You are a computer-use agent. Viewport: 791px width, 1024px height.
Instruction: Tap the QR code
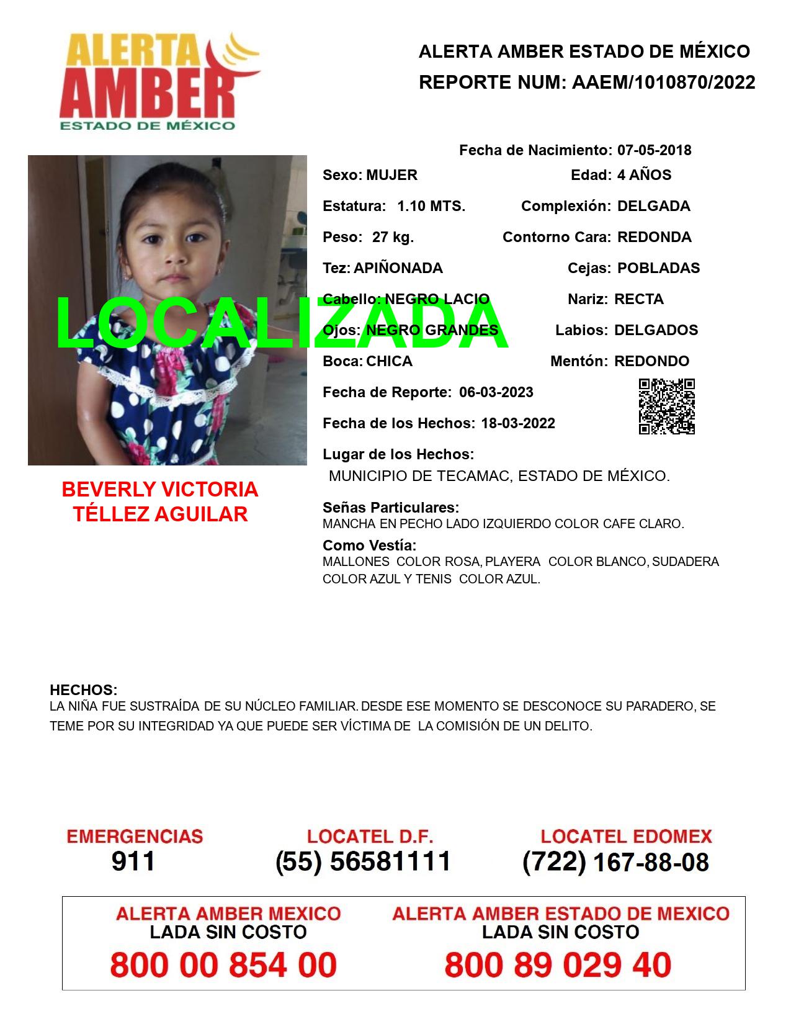click(667, 406)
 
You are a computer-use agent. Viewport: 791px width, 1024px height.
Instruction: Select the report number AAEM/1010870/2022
click(663, 83)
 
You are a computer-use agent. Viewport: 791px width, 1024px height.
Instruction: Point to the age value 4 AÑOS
click(644, 175)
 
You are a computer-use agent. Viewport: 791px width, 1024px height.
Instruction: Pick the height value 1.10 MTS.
click(431, 206)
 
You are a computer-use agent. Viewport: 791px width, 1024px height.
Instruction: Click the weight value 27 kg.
click(393, 237)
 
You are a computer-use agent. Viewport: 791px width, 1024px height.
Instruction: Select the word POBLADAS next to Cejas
click(658, 268)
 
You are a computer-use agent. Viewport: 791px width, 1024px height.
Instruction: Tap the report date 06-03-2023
click(496, 392)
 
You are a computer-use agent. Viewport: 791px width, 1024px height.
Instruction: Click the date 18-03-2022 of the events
click(518, 423)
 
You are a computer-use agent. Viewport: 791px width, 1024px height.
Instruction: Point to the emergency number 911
click(133, 861)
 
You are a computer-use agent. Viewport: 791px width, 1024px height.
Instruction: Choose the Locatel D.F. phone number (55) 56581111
click(363, 861)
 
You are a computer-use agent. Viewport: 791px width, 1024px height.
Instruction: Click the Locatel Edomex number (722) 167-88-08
click(615, 861)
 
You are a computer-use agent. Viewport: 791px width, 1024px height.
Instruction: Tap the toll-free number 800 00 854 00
click(223, 965)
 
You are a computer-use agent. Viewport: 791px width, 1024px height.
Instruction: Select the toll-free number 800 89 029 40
click(558, 965)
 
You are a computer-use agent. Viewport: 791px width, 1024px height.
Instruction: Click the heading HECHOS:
click(83, 690)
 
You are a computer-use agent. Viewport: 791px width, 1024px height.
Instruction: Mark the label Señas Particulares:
click(391, 508)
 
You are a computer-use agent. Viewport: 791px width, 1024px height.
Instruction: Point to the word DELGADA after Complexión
click(653, 206)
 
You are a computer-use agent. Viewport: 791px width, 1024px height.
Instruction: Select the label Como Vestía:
click(369, 546)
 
